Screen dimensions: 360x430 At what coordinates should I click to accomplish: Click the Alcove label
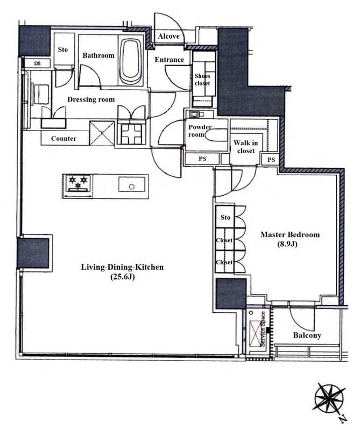click(x=168, y=36)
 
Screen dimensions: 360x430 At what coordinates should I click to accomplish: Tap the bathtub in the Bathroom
click(x=131, y=61)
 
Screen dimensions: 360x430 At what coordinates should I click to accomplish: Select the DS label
click(x=37, y=63)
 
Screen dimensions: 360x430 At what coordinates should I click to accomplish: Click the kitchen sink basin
click(x=132, y=184)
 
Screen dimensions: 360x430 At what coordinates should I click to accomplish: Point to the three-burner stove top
click(x=78, y=183)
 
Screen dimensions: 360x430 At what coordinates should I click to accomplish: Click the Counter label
click(x=63, y=139)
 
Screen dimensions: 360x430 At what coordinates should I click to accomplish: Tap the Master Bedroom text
click(x=290, y=234)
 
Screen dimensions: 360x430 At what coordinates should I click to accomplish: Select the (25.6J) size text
click(x=122, y=277)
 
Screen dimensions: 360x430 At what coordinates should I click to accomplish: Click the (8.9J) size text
click(x=287, y=244)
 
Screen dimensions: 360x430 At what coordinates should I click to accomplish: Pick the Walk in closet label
click(x=246, y=147)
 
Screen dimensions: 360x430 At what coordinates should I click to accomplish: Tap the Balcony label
click(x=307, y=335)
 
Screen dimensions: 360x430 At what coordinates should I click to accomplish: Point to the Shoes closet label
click(x=202, y=80)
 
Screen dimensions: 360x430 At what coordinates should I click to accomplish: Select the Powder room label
click(x=200, y=131)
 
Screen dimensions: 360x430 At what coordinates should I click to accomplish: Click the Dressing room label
click(x=91, y=99)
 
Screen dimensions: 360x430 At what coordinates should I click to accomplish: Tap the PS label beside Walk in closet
click(x=271, y=160)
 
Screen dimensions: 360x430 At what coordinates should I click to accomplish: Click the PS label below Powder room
click(x=202, y=159)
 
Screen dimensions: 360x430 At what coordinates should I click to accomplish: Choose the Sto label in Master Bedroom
click(x=225, y=218)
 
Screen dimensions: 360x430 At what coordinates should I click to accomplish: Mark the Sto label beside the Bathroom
click(x=62, y=49)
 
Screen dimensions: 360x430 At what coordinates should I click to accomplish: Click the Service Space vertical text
click(x=263, y=329)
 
